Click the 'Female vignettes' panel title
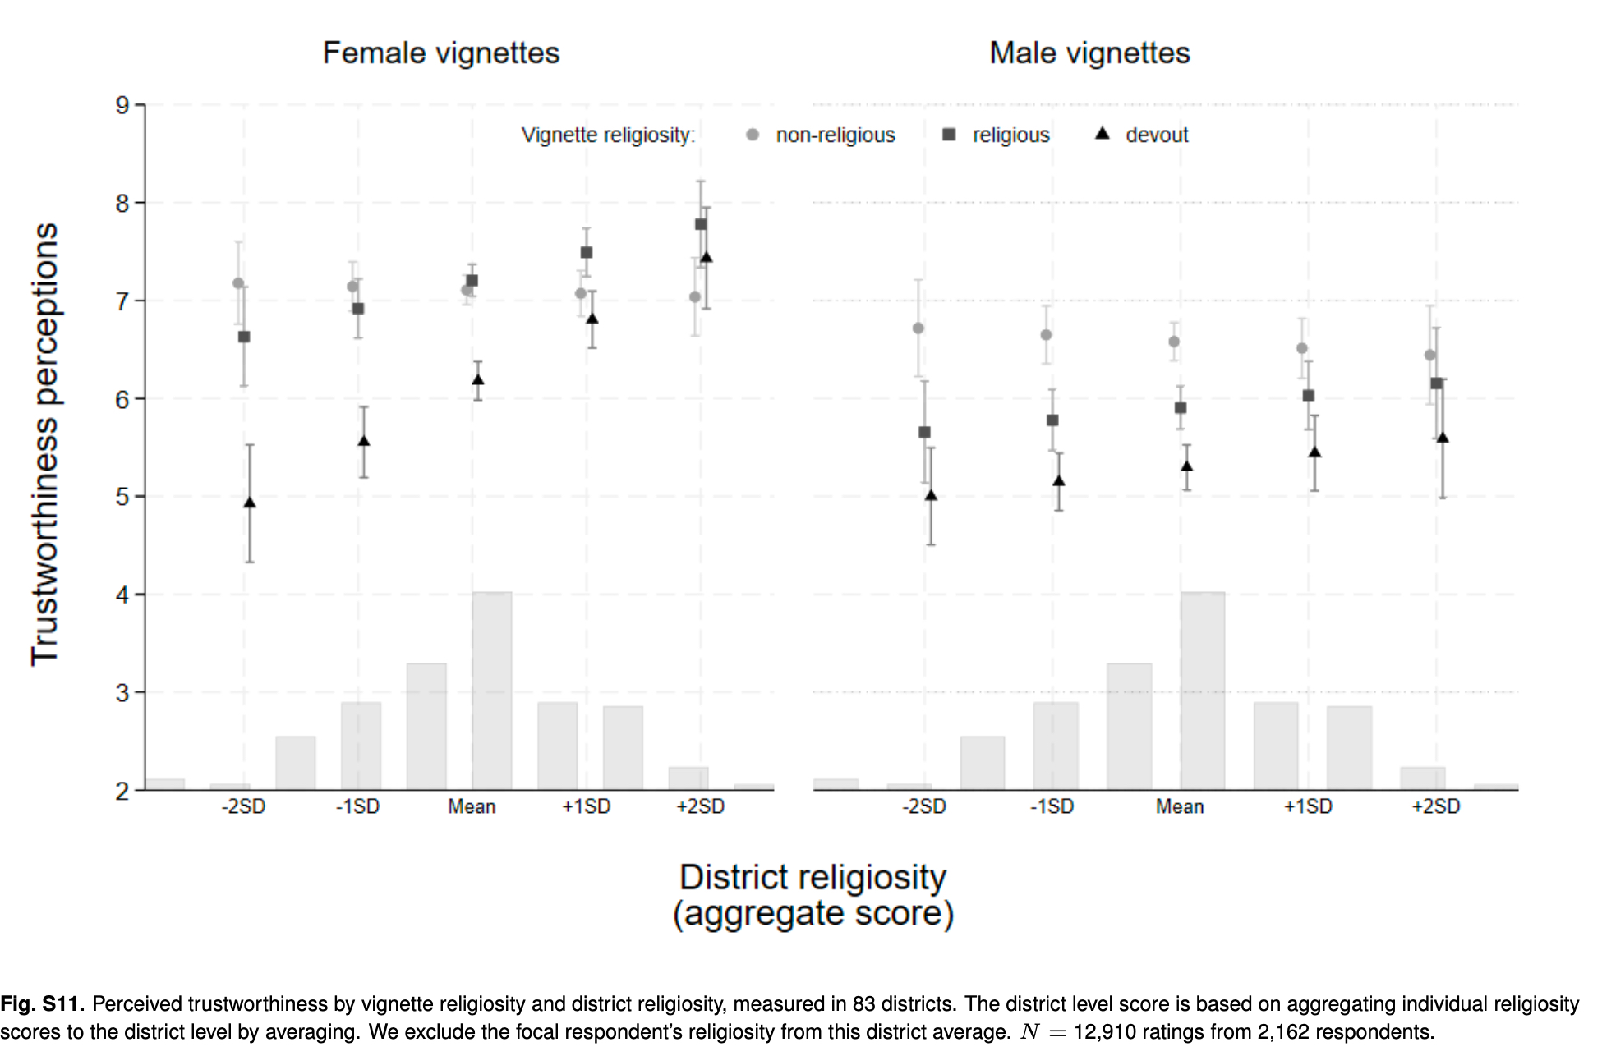click(x=440, y=53)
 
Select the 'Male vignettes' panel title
click(x=1089, y=53)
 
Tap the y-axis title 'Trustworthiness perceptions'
click(x=45, y=443)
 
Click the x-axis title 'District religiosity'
click(x=813, y=877)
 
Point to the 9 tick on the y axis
click(x=122, y=105)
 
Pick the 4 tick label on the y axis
click(x=122, y=595)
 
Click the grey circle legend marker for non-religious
click(x=753, y=135)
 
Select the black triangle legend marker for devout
click(x=1103, y=134)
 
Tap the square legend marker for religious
click(x=949, y=135)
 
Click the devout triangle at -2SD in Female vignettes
click(x=250, y=503)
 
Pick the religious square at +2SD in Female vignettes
click(x=701, y=224)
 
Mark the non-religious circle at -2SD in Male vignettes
click(x=918, y=328)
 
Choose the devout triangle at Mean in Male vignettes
click(x=1186, y=466)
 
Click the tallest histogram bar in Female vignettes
click(x=491, y=690)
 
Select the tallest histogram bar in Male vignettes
click(x=1202, y=690)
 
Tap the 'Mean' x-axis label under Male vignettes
click(x=1180, y=807)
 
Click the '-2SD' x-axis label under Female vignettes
click(x=243, y=807)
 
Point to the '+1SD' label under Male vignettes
click(x=1308, y=807)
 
